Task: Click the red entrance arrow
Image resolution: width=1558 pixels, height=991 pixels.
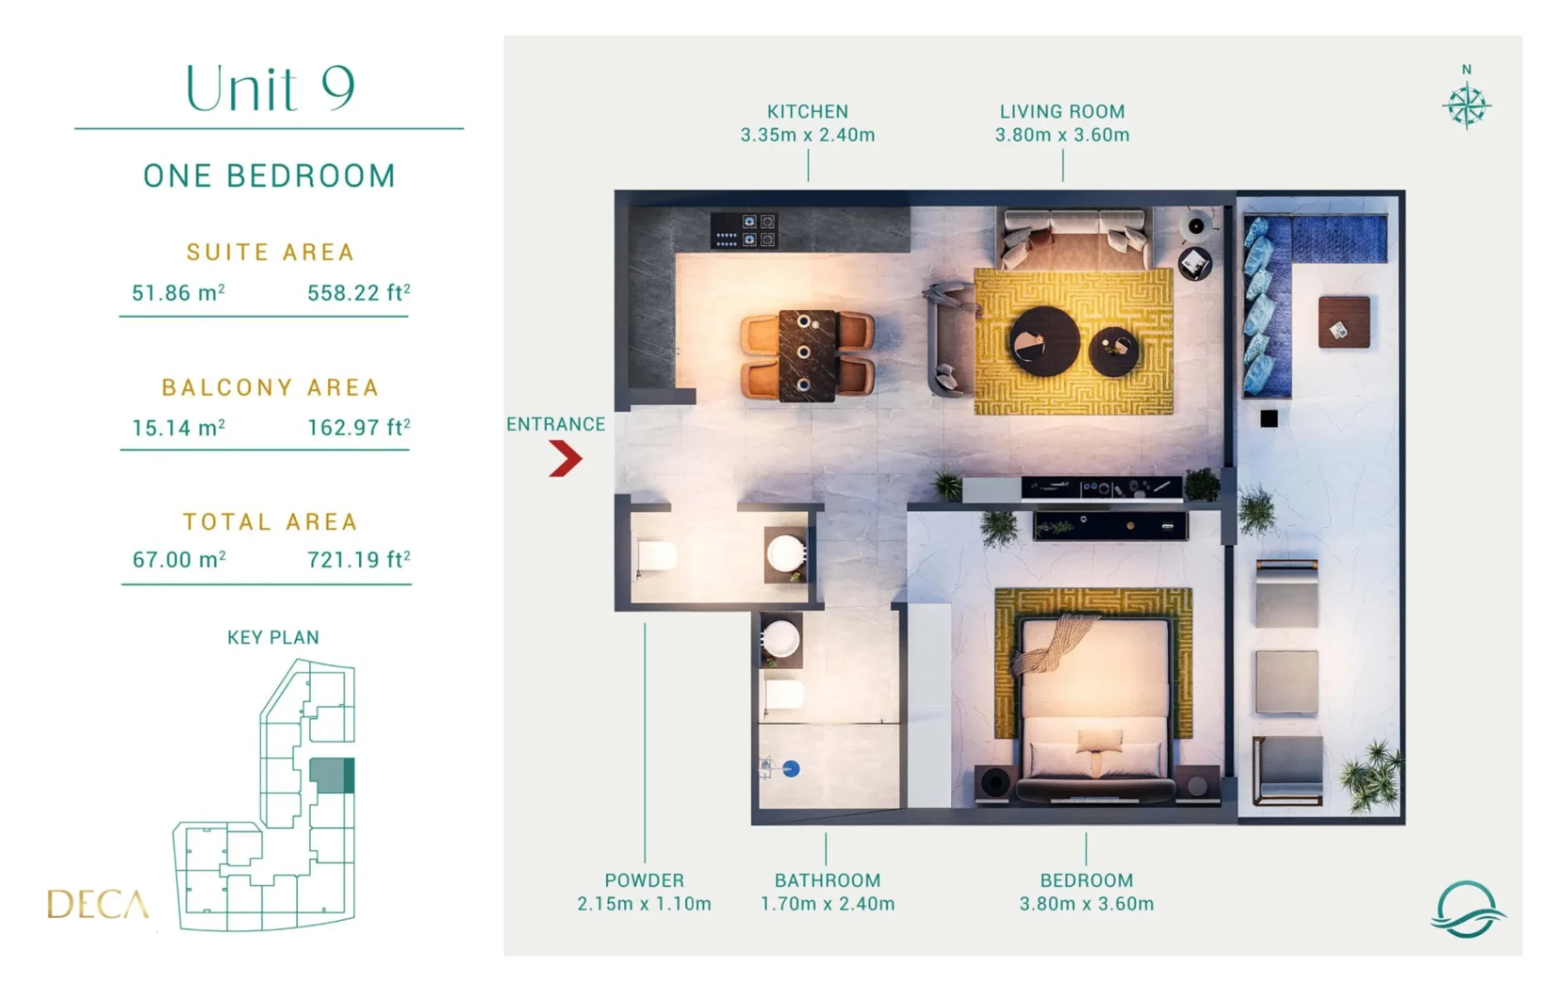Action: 565,458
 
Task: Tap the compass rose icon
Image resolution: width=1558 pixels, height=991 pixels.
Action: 1467,106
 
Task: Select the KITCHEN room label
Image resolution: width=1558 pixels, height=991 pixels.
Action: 808,111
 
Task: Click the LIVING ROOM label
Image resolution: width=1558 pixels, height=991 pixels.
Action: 1063,111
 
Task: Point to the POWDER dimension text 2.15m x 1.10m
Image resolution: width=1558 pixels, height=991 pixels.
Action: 644,904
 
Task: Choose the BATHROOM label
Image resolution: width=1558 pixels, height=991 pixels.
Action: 827,881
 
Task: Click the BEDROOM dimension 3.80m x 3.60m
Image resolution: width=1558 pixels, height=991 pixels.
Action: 1086,904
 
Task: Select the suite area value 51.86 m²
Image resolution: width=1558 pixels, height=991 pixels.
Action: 179,293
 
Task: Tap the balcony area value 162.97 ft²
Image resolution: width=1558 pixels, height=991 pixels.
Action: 359,427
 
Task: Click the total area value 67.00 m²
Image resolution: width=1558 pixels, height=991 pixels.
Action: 180,559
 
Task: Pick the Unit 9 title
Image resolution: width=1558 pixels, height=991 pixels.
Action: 270,88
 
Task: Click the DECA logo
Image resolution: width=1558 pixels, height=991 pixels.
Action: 98,904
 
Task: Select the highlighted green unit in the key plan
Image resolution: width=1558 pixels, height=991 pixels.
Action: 331,775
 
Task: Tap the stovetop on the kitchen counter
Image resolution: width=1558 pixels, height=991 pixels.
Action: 744,230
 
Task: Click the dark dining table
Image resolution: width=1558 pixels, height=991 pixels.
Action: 807,356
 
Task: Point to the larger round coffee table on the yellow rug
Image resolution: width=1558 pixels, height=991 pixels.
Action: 1044,341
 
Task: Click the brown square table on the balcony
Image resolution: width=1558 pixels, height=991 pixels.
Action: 1344,322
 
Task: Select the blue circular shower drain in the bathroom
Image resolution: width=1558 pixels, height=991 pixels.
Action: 791,768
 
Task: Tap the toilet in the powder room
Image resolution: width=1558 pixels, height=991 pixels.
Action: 657,555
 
